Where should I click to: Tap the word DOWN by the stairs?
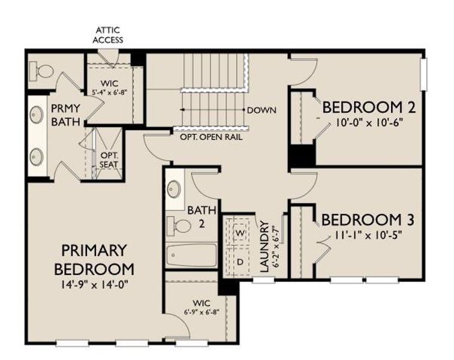[261, 110]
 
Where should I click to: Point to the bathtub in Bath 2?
[191, 256]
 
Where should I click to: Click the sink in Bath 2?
[175, 190]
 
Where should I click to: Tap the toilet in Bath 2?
[181, 226]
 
